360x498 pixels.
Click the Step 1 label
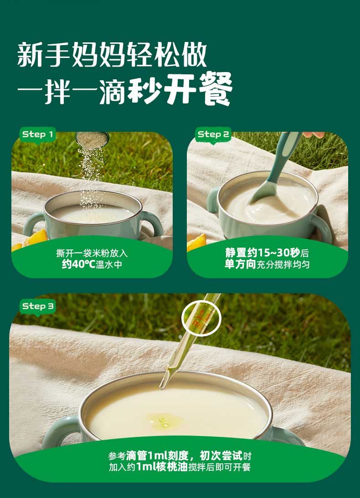37,135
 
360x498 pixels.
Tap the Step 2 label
213,135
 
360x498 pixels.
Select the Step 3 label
38,306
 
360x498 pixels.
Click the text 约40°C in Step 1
79,264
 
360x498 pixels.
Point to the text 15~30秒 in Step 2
278,253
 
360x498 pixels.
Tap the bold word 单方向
240,264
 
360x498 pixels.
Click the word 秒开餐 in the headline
180,88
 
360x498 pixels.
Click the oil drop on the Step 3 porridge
164,421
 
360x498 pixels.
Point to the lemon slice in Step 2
196,243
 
